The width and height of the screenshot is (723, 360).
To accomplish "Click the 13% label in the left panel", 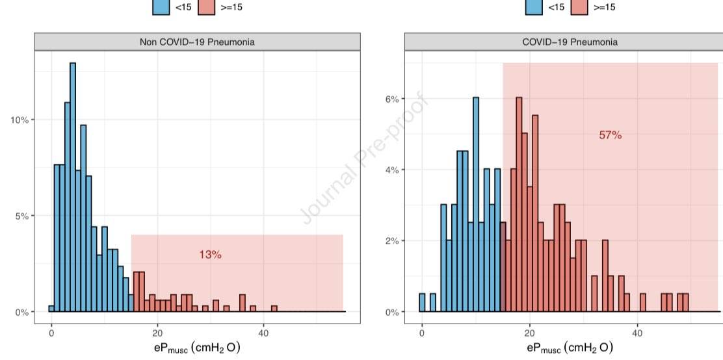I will pyautogui.click(x=210, y=255).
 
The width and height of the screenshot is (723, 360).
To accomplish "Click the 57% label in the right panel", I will pyautogui.click(x=610, y=135).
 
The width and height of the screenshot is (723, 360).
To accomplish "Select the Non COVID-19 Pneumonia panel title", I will pyautogui.click(x=197, y=42).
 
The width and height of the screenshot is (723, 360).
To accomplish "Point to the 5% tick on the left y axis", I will pyautogui.click(x=22, y=216).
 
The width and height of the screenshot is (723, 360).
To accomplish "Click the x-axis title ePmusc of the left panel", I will pyautogui.click(x=197, y=348).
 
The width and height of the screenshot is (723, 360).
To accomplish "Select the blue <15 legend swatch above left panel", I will pyautogui.click(x=161, y=7).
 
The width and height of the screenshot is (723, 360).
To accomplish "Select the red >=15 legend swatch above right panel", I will pyautogui.click(x=582, y=7).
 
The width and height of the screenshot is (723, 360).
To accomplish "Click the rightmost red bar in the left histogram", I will pyautogui.click(x=274, y=308).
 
